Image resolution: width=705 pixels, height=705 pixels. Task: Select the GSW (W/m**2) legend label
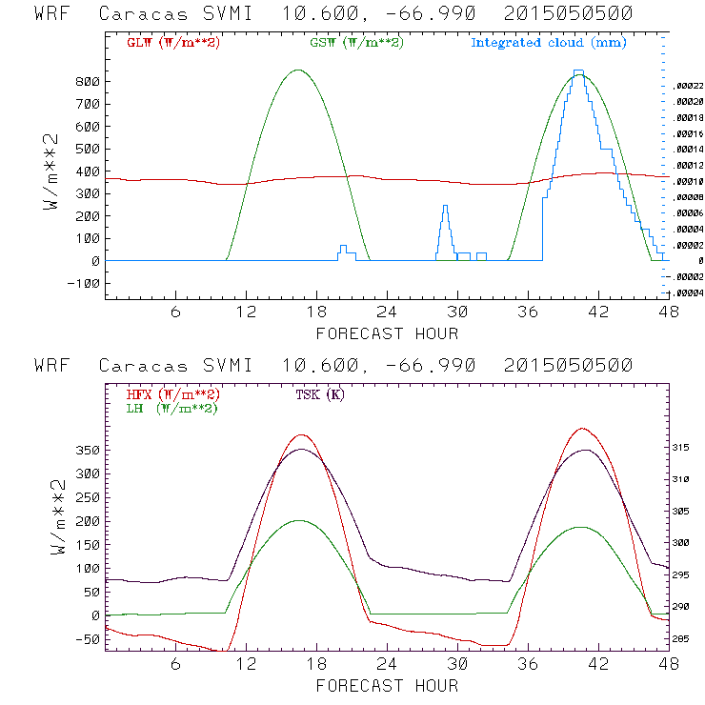356,43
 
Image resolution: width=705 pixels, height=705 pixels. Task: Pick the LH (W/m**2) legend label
171,408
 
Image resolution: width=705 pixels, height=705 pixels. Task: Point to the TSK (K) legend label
320,394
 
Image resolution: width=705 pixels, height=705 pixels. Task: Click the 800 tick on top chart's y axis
88,82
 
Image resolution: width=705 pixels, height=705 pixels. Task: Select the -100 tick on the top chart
85,283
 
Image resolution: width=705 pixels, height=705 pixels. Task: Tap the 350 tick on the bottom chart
88,450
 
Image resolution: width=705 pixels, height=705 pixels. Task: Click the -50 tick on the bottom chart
88,638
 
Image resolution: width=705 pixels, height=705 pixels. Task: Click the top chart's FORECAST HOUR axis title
387,333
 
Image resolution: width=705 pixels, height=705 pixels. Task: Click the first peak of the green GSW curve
298,70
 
